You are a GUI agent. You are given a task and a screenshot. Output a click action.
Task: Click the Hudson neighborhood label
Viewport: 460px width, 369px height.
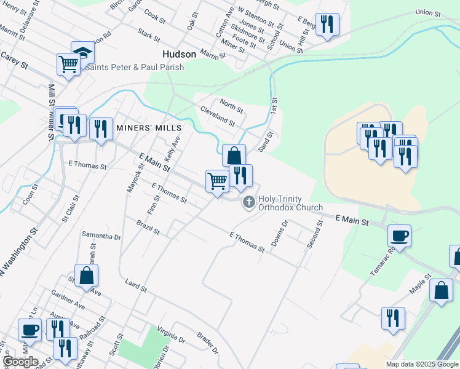179,54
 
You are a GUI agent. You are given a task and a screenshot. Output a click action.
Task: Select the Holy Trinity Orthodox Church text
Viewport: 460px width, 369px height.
290,203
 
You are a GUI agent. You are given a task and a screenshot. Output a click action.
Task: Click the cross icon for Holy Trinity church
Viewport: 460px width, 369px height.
249,202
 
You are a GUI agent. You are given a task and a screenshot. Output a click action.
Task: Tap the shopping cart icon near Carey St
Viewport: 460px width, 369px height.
68,63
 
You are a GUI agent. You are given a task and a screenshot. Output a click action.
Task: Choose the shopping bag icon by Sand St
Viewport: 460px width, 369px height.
233,155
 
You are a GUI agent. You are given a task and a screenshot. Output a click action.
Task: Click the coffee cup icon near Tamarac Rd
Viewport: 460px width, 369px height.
399,236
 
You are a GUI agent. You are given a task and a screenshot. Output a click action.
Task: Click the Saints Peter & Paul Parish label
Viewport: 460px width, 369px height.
134,67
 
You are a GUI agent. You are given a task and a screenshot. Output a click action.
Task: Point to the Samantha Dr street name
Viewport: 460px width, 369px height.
102,236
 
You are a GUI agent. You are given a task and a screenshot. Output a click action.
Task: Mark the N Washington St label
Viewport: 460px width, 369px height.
23,248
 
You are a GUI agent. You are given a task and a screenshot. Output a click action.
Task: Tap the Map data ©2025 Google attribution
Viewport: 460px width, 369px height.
422,364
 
